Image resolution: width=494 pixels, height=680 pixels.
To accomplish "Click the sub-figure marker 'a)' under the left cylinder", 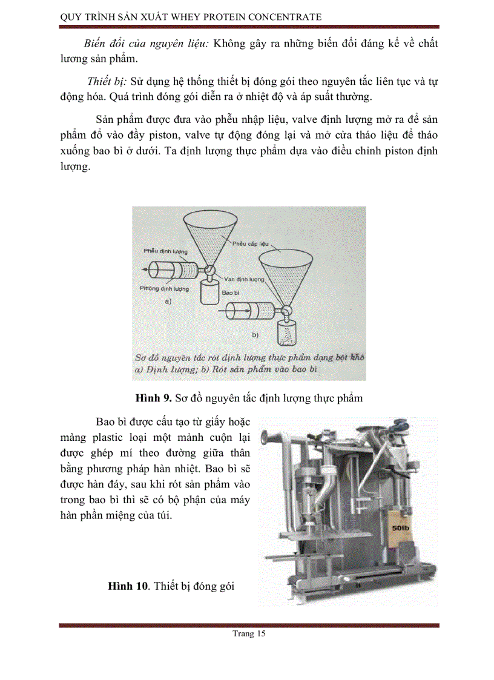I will click(x=168, y=301).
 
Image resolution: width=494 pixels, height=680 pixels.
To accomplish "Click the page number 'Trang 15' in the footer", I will click(x=249, y=634).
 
